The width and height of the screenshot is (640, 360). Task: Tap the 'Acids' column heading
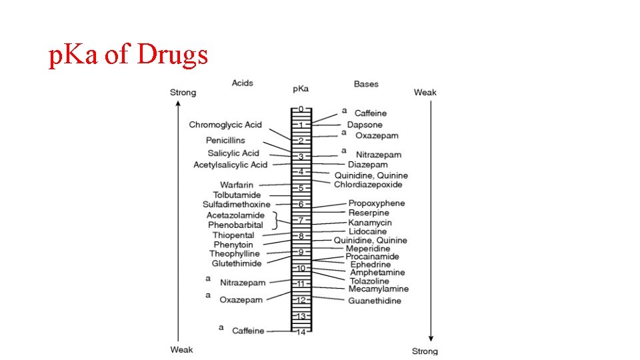pyautogui.click(x=242, y=83)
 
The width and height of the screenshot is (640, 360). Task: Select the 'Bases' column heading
pyautogui.click(x=366, y=84)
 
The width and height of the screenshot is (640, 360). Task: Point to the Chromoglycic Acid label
pyautogui.click(x=225, y=125)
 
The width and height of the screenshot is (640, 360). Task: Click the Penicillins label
pyautogui.click(x=225, y=140)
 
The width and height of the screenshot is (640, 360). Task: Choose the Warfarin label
pyautogui.click(x=236, y=185)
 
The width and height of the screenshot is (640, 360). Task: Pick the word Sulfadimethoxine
pyautogui.click(x=237, y=204)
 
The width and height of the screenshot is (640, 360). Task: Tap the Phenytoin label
pyautogui.click(x=233, y=245)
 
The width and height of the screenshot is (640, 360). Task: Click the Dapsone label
pyautogui.click(x=365, y=125)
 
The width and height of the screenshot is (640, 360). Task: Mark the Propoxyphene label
pyautogui.click(x=377, y=203)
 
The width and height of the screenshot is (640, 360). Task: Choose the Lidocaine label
pyautogui.click(x=367, y=231)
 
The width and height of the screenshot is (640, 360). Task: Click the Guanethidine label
pyautogui.click(x=375, y=301)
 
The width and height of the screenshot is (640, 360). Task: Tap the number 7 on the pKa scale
pyautogui.click(x=301, y=220)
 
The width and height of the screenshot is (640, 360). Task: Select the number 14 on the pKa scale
pyautogui.click(x=301, y=332)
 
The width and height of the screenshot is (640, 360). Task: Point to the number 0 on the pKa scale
pyautogui.click(x=301, y=109)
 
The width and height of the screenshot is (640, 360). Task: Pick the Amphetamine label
pyautogui.click(x=377, y=273)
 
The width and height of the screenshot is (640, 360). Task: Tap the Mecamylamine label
pyautogui.click(x=379, y=289)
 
